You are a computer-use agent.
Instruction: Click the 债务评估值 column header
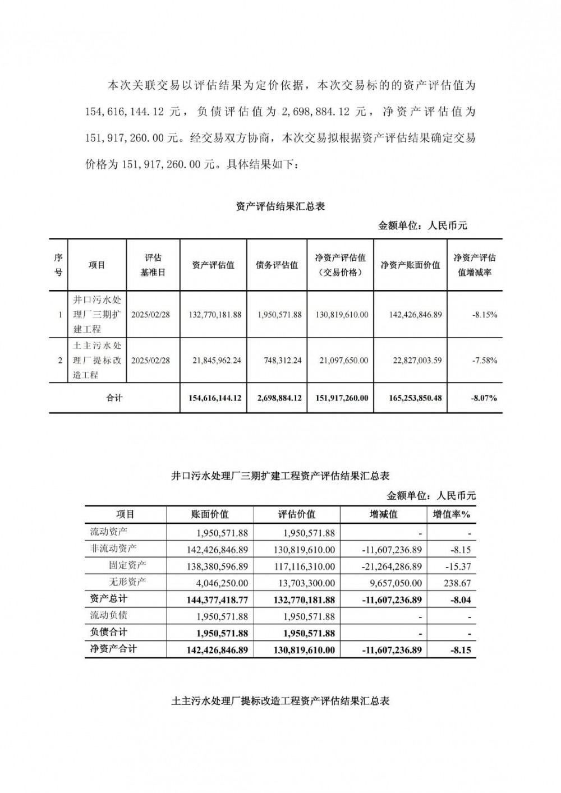tap(277, 265)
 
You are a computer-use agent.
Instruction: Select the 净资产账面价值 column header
tap(410, 265)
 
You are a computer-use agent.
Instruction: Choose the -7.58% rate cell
tap(485, 361)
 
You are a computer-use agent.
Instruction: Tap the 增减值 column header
tap(384, 514)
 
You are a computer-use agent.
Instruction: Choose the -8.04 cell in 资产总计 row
tap(460, 600)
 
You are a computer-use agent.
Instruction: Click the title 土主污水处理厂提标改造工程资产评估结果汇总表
tap(280, 701)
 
